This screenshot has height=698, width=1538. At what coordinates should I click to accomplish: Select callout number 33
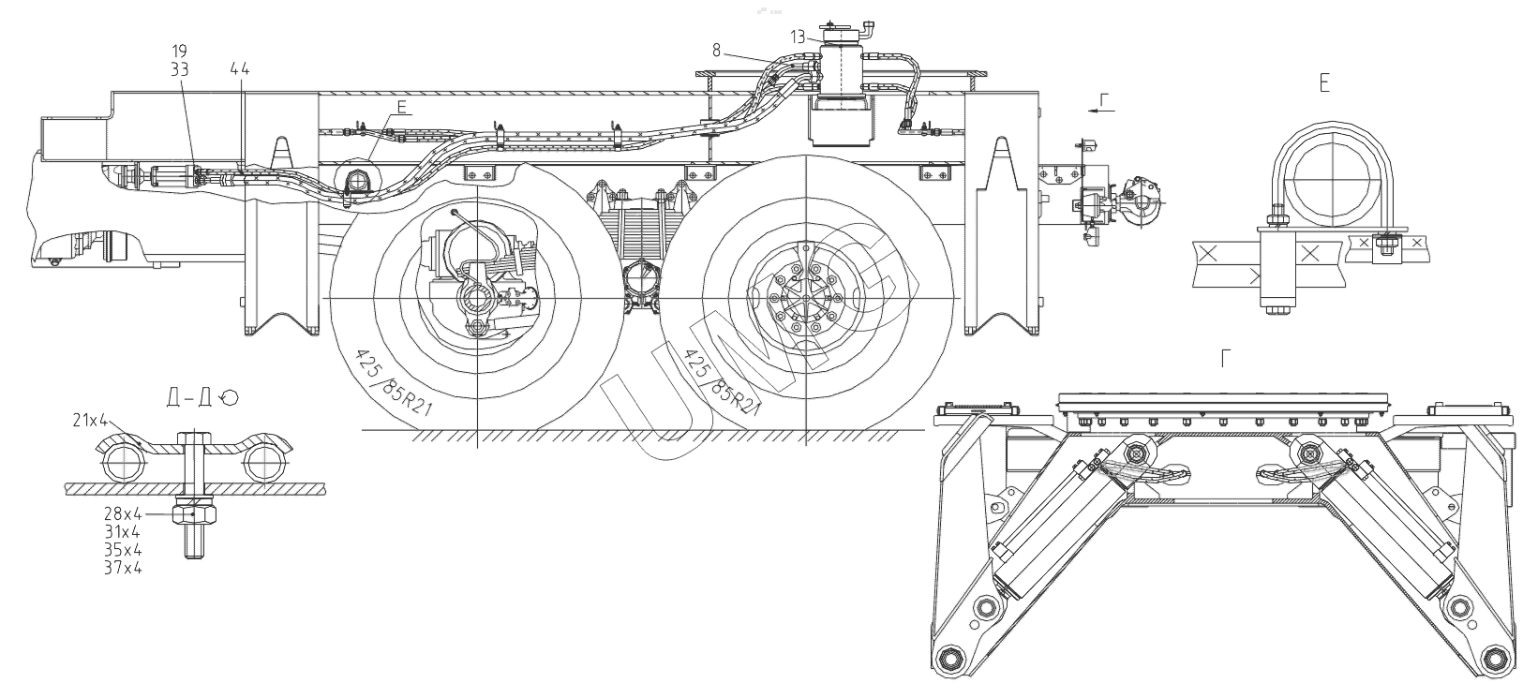[x=180, y=68]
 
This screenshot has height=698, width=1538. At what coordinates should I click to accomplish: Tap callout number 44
[x=239, y=68]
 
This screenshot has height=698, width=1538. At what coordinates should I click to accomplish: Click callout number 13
[x=797, y=37]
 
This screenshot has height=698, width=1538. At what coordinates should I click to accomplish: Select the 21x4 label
[x=90, y=421]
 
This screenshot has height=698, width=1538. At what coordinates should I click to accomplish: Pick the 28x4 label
[x=123, y=513]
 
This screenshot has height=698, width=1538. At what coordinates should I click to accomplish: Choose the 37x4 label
[x=123, y=566]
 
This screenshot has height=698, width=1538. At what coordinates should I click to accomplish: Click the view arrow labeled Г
[x=1103, y=108]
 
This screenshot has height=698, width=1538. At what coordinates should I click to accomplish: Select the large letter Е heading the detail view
[x=1323, y=84]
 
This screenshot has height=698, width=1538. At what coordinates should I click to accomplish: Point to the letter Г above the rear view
[x=1226, y=358]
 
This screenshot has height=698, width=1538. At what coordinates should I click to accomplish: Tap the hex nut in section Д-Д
[x=194, y=513]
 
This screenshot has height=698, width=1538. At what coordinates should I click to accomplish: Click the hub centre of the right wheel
[x=805, y=298]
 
